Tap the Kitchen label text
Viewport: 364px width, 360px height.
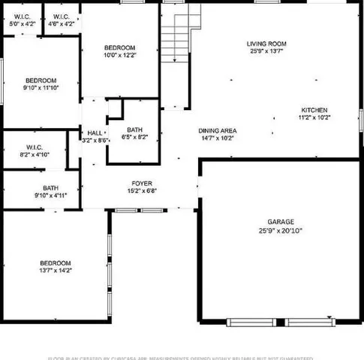pyautogui.click(x=314, y=109)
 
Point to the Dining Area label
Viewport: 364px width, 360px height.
pyautogui.click(x=217, y=130)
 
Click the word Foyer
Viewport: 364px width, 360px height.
pyautogui.click(x=143, y=183)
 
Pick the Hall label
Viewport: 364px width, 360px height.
pyautogui.click(x=95, y=132)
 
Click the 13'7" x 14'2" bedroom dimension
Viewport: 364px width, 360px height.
pyautogui.click(x=56, y=271)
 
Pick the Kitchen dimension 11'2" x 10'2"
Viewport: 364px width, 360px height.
pyautogui.click(x=314, y=117)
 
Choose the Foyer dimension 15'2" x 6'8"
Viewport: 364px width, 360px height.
pyautogui.click(x=143, y=191)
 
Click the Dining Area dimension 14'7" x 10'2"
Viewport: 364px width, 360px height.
pyautogui.click(x=217, y=138)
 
